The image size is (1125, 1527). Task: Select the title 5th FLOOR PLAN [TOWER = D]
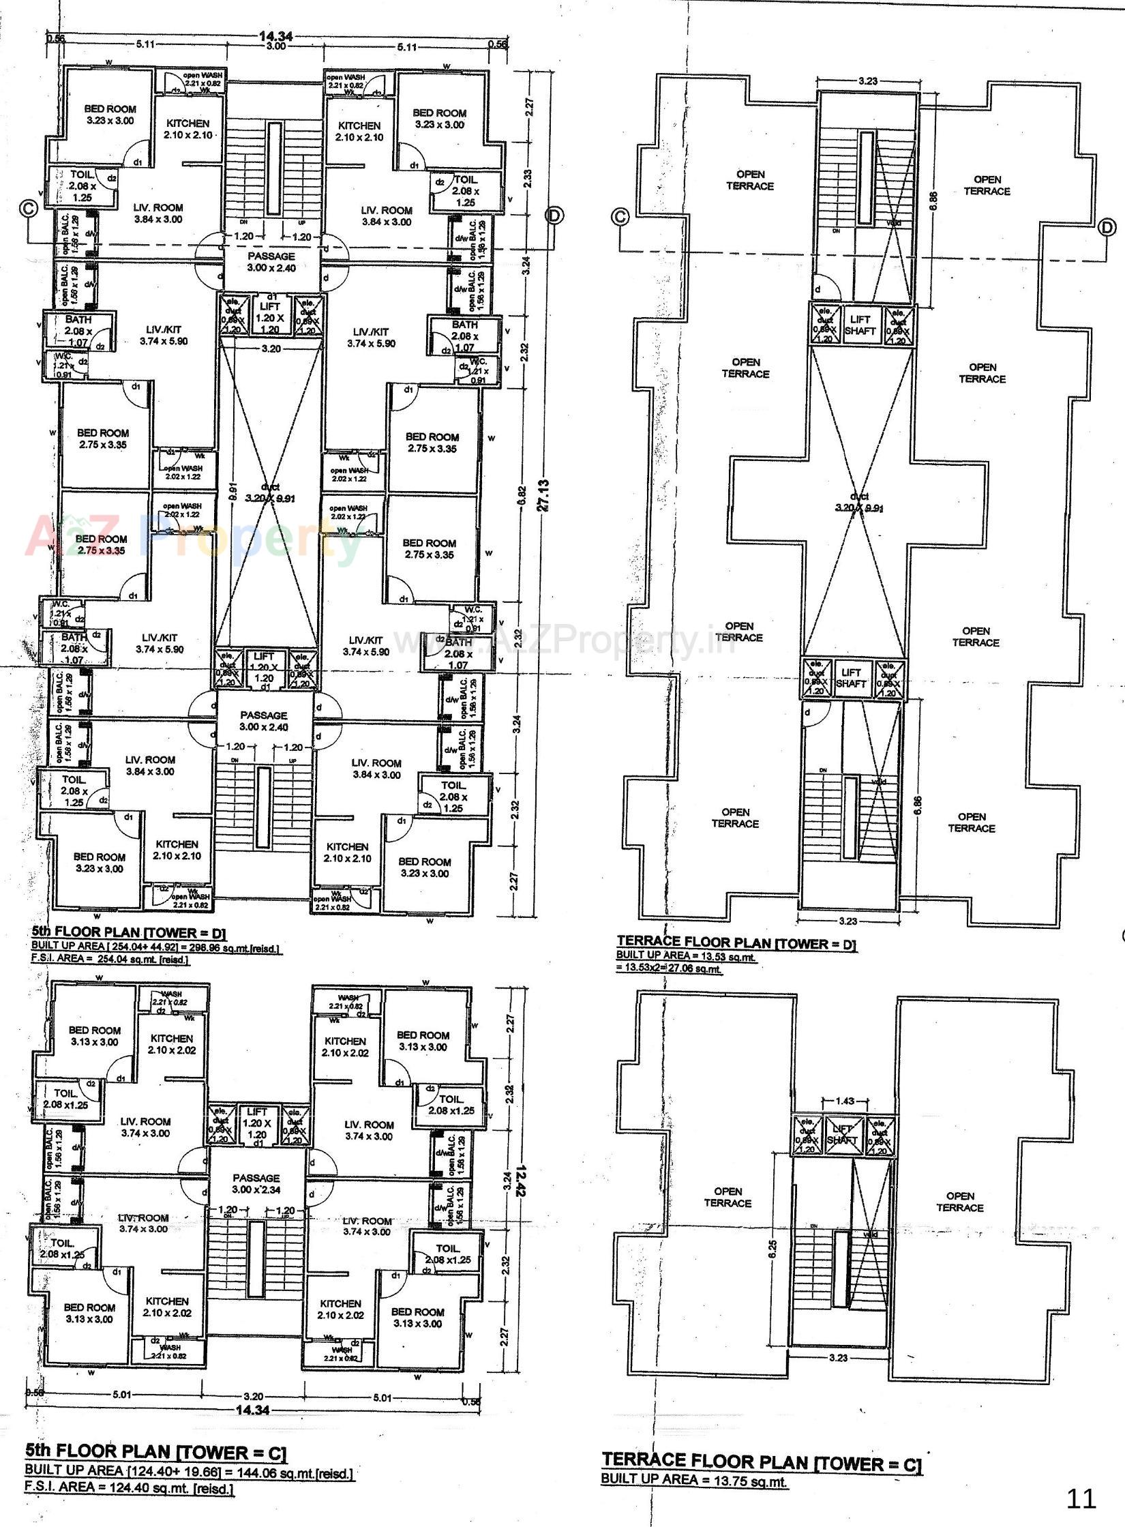[129, 933]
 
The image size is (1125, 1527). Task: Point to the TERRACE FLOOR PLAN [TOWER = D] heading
[736, 943]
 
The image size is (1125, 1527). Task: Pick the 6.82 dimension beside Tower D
[522, 494]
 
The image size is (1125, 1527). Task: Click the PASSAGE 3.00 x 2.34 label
[256, 1183]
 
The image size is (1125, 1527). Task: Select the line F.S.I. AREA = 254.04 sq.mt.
[110, 959]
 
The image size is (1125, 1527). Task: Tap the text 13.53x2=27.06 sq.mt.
[670, 968]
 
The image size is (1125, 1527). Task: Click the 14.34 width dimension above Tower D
[275, 37]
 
